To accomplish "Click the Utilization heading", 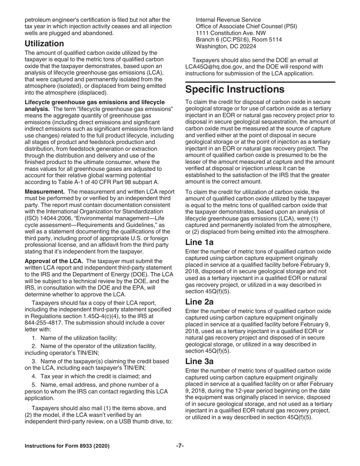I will (x=44, y=44).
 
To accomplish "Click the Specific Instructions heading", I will (x=235, y=89).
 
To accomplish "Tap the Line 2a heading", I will (x=199, y=302).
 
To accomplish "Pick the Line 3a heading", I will (x=199, y=361).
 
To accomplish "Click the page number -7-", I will (x=180, y=446).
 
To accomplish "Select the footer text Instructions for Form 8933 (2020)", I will (x=67, y=446).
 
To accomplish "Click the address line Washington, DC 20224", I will (x=225, y=47).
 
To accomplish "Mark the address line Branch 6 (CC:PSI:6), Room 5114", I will (x=239, y=40).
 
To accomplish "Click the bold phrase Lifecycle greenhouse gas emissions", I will (x=94, y=102).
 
